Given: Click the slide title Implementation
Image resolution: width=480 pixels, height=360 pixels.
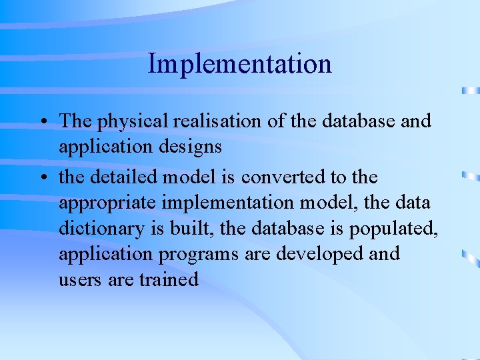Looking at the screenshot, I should coord(239,64).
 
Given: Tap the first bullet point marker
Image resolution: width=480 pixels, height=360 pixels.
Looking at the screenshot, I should coord(42,122).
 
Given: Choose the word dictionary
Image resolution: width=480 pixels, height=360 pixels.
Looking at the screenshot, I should coord(105,229).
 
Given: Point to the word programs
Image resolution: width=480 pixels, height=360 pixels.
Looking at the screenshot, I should coord(190,255).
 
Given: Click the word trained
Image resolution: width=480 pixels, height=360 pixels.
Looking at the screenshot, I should coord(169,279).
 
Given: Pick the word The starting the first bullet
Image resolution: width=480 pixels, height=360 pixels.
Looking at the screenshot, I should coord(76,121).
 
